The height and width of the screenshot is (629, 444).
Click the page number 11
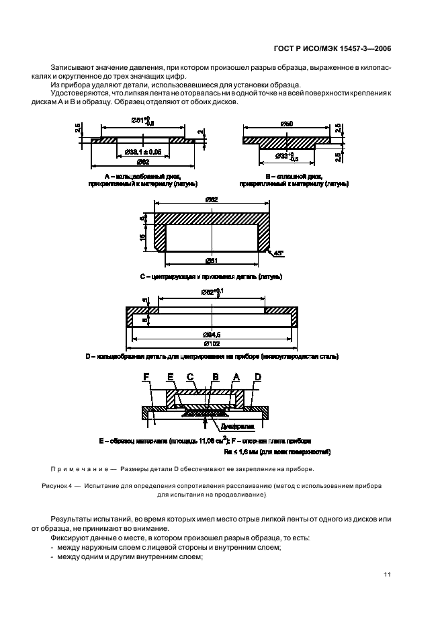pyautogui.click(x=388, y=574)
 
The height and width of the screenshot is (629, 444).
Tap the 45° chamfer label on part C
pyautogui.click(x=279, y=253)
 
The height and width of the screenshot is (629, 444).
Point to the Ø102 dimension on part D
pyautogui.click(x=212, y=343)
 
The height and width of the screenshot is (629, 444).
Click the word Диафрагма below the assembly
pyautogui.click(x=230, y=426)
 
